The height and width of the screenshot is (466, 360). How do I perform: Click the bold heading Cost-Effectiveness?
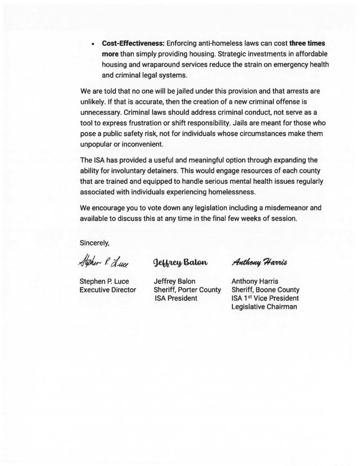[x=133, y=45]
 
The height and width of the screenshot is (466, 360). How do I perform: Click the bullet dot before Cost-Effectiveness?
[x=92, y=45]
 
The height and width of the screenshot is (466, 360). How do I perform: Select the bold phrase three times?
[x=308, y=45]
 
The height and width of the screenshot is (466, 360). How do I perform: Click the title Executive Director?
[x=108, y=290]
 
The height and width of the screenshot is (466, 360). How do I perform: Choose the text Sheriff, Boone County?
[x=265, y=290]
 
